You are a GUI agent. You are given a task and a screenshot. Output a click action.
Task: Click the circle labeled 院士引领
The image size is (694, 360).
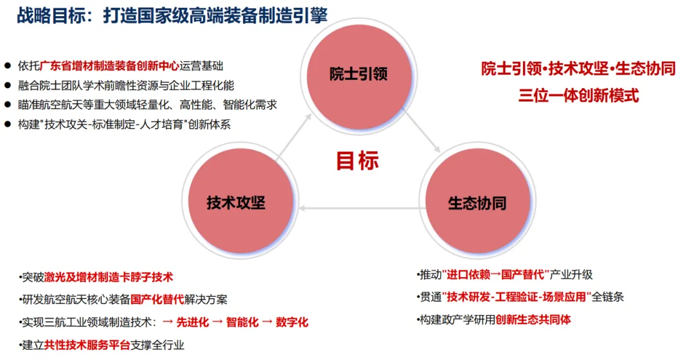tap(358, 73)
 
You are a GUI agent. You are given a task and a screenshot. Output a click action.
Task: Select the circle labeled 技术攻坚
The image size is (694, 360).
tap(236, 203)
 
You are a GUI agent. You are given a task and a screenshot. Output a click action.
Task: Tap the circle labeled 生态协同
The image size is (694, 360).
tap(477, 203)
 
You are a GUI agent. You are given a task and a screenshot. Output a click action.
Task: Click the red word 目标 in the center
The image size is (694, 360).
tap(357, 161)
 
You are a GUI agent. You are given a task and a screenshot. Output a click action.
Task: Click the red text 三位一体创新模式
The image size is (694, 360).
tap(578, 96)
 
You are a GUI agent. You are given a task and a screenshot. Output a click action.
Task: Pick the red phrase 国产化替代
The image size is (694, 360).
tap(157, 300)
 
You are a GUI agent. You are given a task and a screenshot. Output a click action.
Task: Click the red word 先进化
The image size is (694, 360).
tap(193, 323)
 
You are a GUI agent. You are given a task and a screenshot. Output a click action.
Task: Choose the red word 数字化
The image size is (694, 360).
tap(292, 323)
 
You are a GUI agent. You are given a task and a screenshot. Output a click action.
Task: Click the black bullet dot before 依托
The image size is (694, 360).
tap(8, 66)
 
